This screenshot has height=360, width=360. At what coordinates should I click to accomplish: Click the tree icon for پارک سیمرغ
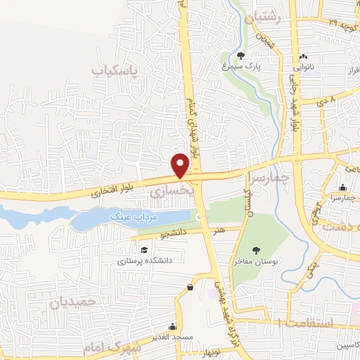point(241,56)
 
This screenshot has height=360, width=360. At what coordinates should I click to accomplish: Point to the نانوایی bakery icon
point(303,57)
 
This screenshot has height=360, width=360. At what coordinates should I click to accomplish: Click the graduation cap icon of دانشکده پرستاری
point(143,250)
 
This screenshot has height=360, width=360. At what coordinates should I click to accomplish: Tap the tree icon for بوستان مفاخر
point(257,250)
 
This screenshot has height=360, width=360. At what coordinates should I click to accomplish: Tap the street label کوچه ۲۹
point(343,23)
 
